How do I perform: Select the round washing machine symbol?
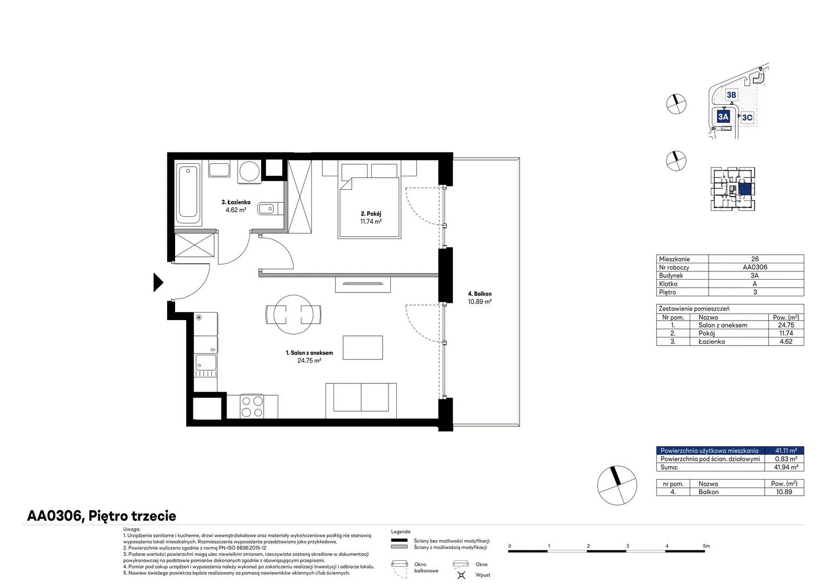[249, 171]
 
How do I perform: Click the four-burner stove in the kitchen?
[252, 407]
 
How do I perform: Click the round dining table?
[294, 315]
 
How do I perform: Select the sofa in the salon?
[361, 401]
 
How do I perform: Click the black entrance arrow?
[158, 283]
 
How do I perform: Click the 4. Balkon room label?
[479, 294]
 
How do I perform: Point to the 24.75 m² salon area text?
[309, 361]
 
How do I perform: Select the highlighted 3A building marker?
[723, 117]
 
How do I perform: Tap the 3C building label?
[747, 117]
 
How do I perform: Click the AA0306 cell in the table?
[755, 267]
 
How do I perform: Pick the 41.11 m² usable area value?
[786, 450]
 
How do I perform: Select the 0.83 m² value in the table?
[786, 459]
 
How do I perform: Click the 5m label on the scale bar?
[706, 546]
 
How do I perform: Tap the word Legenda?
[401, 532]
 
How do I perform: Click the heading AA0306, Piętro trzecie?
[102, 516]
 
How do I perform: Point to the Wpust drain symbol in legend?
[461, 575]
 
